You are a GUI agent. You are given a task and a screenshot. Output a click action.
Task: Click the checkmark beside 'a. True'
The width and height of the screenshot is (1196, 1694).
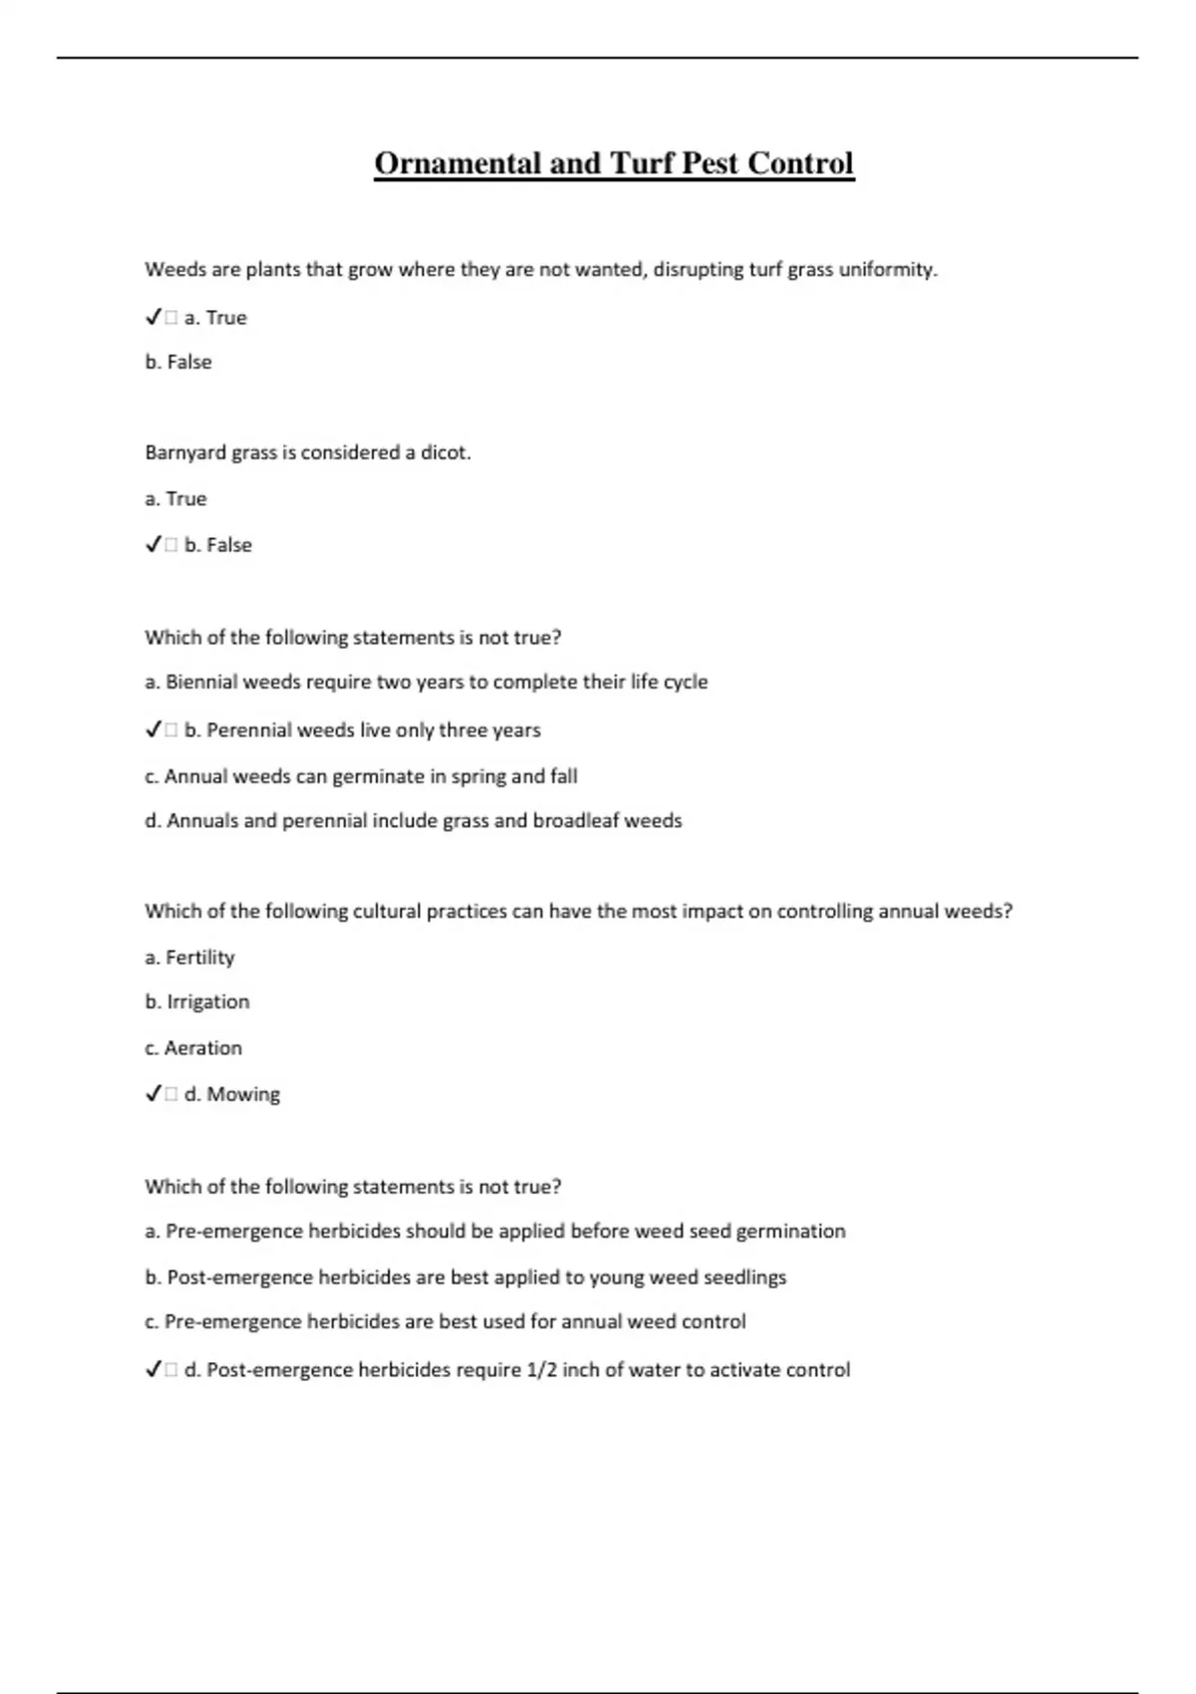coord(153,318)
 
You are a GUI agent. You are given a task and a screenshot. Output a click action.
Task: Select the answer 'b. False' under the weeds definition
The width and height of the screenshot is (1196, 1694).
coord(178,362)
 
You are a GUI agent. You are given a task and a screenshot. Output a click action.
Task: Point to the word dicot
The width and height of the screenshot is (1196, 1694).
coord(445,453)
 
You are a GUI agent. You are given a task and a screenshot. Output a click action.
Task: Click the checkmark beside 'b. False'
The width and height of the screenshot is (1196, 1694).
coord(153,545)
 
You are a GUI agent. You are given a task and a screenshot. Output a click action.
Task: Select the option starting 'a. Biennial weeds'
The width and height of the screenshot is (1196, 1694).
coord(427,683)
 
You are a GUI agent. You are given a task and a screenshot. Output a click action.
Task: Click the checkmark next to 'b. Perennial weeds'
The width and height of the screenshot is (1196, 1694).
coord(153,730)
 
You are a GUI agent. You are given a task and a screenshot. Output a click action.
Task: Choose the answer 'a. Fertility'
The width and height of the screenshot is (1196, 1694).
coord(189,958)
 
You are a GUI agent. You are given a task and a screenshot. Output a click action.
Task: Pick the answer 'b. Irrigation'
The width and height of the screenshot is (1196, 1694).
coord(197,1002)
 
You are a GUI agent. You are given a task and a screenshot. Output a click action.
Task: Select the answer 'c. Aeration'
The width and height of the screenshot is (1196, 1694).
coord(193,1048)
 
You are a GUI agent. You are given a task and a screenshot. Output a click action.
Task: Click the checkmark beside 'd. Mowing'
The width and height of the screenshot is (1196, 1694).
coord(153,1094)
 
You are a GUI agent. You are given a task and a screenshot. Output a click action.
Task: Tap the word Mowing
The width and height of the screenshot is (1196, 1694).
coord(243,1094)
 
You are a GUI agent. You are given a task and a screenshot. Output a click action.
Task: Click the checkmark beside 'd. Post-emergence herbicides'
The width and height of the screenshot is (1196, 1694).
coord(153,1370)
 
